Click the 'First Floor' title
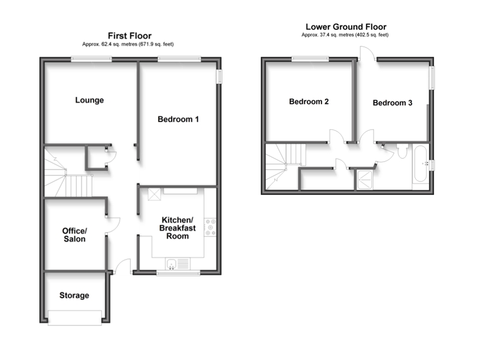[x=130, y=36]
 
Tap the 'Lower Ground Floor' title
[x=345, y=27]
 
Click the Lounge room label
[x=89, y=100]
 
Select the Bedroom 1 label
[x=178, y=119]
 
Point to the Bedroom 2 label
[x=308, y=102]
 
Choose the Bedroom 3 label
[x=392, y=103]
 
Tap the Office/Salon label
[x=74, y=235]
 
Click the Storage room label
[x=74, y=295]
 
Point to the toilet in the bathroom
[x=402, y=152]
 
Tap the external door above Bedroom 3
[x=367, y=54]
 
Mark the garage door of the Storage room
[x=75, y=317]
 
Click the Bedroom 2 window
[x=310, y=58]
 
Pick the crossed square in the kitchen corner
[x=154, y=194]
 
